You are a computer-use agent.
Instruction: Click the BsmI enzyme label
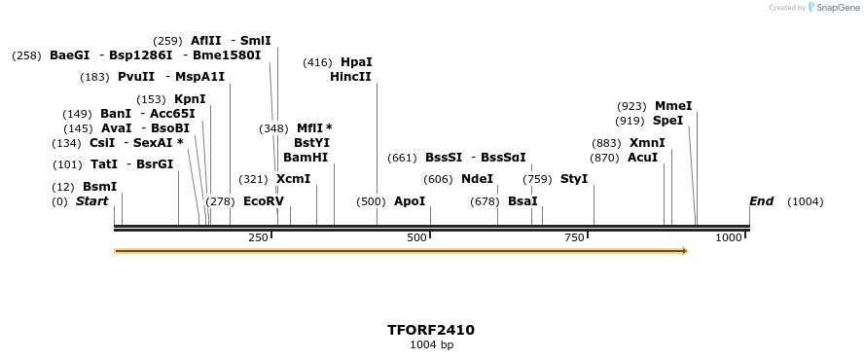(99, 187)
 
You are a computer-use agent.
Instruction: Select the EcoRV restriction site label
(263, 201)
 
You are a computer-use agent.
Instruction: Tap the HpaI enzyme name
(356, 62)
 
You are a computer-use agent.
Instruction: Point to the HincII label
(350, 77)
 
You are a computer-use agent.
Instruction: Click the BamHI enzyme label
(305, 158)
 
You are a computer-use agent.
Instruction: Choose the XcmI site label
(293, 179)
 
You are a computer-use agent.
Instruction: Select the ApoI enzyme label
(410, 201)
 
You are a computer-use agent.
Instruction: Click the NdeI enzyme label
(477, 179)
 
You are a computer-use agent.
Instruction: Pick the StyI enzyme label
(574, 179)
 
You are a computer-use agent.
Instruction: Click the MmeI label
(673, 106)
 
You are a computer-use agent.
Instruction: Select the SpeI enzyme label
(667, 121)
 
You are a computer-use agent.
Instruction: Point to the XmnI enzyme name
(647, 143)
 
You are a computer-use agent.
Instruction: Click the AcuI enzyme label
(642, 158)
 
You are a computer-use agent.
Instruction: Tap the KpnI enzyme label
(190, 99)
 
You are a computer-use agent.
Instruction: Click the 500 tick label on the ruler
(416, 238)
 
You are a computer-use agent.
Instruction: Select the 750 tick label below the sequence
(574, 238)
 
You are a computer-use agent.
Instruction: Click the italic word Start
(91, 201)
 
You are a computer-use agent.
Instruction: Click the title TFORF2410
(431, 330)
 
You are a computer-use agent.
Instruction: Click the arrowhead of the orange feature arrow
(685, 251)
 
